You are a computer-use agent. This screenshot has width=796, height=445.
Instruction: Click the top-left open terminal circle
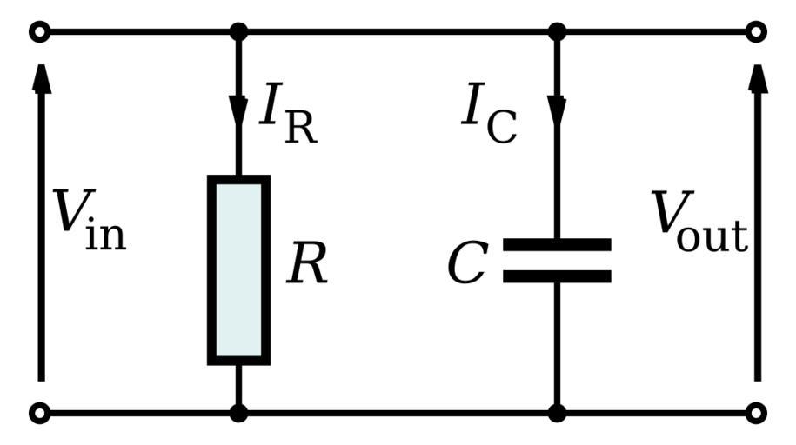pos(39,32)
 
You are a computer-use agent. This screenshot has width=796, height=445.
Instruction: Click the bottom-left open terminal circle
pos(39,413)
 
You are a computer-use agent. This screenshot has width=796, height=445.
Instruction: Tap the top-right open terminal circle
pos(757,32)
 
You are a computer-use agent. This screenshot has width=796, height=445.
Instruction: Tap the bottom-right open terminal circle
pos(757,413)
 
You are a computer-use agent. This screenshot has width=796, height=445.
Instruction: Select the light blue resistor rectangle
pos(238,269)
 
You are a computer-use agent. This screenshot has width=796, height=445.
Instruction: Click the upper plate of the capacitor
pos(557,244)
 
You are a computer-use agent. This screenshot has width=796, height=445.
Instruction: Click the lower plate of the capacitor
pos(557,277)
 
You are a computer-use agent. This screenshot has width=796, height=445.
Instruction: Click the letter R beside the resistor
pos(308,265)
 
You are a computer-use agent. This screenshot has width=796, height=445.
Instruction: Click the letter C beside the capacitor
pos(467,265)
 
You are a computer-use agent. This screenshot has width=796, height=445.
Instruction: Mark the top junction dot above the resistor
pos(238,32)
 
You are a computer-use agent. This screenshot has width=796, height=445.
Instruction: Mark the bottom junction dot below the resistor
pos(238,413)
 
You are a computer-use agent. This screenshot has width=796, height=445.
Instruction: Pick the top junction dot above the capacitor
pos(558,32)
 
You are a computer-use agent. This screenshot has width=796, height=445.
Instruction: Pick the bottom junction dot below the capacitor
pos(558,413)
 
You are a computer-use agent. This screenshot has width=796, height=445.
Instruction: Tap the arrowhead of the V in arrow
pos(40,78)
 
